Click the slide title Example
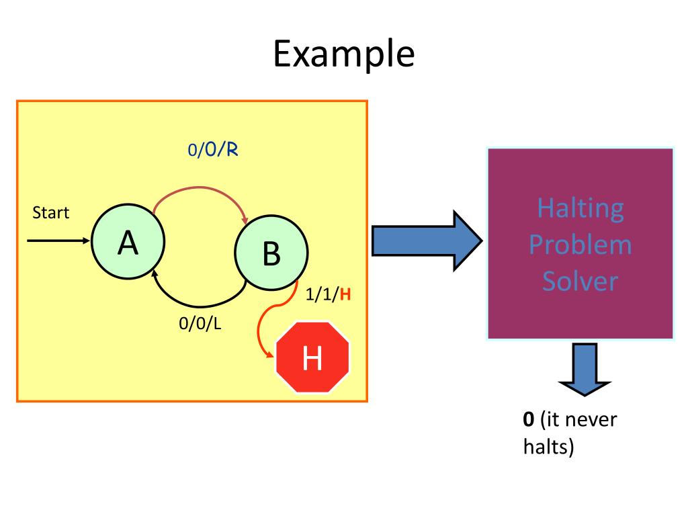(x=343, y=54)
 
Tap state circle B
(x=271, y=252)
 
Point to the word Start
(x=51, y=213)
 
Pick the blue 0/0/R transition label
(x=214, y=150)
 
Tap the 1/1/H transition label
(x=329, y=294)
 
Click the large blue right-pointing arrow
(x=426, y=241)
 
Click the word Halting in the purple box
(x=580, y=208)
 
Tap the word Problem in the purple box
(x=580, y=245)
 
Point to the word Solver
(x=580, y=281)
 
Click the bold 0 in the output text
(x=529, y=421)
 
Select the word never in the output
(x=591, y=421)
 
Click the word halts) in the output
(x=549, y=446)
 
